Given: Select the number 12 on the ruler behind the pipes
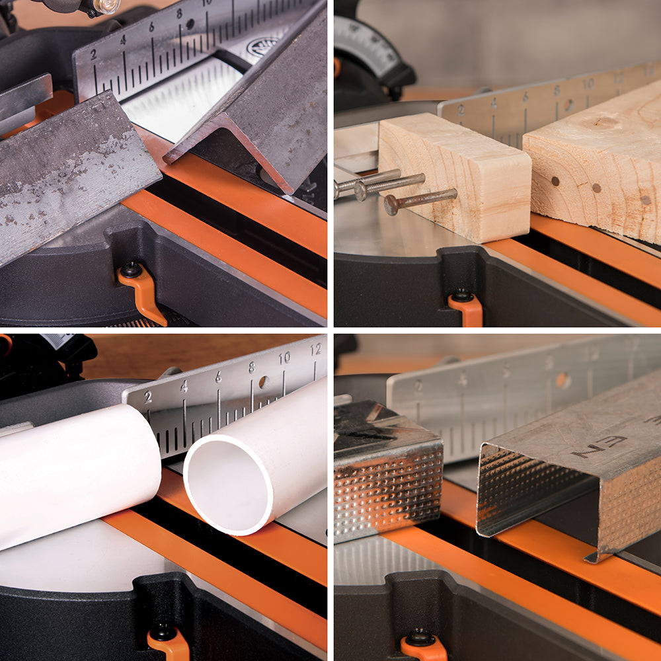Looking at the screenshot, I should [316, 349].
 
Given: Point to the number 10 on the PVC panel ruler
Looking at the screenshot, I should [284, 358].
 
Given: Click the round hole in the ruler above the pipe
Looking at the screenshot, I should [264, 382].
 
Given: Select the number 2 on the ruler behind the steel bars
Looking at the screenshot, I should [93, 54].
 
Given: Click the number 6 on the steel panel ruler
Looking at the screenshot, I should [151, 27].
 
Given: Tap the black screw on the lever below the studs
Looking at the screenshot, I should [418, 638].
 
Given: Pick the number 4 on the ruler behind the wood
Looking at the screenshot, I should [492, 102].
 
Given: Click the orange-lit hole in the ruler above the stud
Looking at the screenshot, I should [563, 380].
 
